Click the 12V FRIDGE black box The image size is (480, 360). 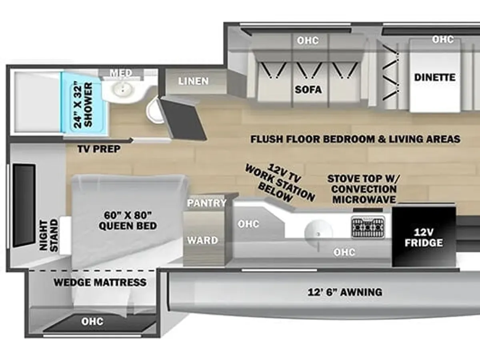pyautogui.click(x=424, y=236)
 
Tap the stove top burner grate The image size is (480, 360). pyautogui.click(x=368, y=227)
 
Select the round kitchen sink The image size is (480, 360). pyautogui.click(x=319, y=233)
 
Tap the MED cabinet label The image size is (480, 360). pyautogui.click(x=121, y=73)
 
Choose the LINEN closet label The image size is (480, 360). pyautogui.click(x=193, y=81)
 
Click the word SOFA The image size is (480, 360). pyautogui.click(x=308, y=90)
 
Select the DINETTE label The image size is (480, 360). pyautogui.click(x=435, y=78)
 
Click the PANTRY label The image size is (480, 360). pyautogui.click(x=207, y=203)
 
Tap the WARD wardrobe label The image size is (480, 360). pyautogui.click(x=202, y=240)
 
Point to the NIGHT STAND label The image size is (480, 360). pyautogui.click(x=48, y=236)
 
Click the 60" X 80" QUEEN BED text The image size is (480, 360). pyautogui.click(x=128, y=220)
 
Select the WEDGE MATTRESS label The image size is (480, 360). pyautogui.click(x=100, y=282)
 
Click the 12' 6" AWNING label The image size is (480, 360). pyautogui.click(x=345, y=292)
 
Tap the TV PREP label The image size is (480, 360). pyautogui.click(x=99, y=149)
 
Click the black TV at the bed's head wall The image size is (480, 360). pyautogui.click(x=24, y=206)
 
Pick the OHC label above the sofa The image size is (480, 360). pyautogui.click(x=308, y=40)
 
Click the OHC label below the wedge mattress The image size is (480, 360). pyautogui.click(x=92, y=322)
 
